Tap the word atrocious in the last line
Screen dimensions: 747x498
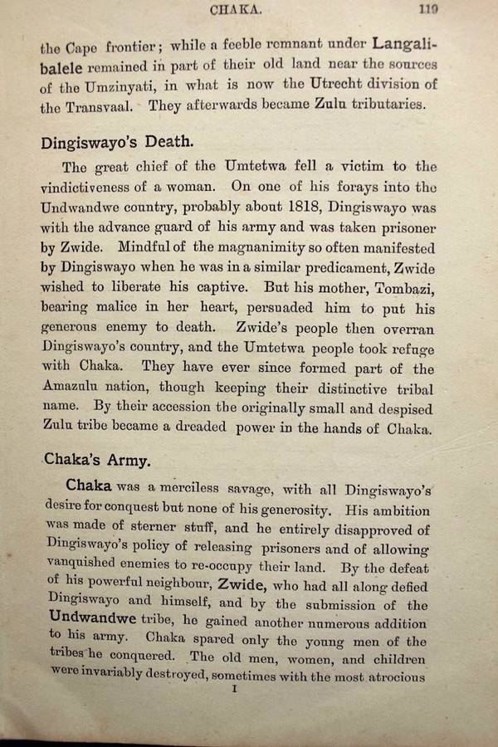click(393, 676)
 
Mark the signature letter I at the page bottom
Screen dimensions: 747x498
click(236, 690)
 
